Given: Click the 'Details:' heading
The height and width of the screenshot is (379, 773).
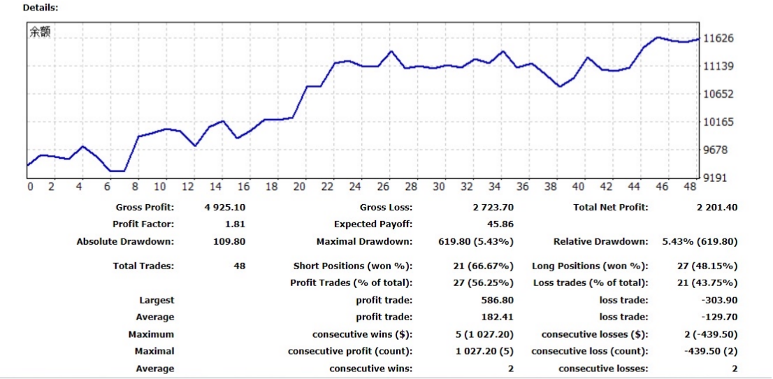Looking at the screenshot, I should (x=41, y=8).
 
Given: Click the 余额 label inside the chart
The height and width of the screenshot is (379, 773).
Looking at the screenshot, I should (x=41, y=32).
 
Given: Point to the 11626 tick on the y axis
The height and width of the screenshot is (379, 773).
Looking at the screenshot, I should (x=718, y=38).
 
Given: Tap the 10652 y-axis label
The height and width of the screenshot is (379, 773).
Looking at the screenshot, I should (x=718, y=94).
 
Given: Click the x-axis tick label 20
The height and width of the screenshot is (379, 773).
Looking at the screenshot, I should (x=300, y=187).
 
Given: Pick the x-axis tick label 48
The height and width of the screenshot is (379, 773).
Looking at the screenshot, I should (x=689, y=187).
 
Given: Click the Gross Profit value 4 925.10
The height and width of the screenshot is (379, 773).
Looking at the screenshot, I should (x=225, y=207).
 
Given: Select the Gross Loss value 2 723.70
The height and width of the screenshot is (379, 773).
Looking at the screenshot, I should (x=493, y=207).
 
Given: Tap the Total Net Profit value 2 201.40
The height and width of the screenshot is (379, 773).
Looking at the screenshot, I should (x=711, y=207).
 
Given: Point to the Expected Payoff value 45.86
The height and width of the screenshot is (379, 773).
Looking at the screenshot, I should (x=500, y=224).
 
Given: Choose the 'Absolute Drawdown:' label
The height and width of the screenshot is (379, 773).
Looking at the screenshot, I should (x=125, y=242).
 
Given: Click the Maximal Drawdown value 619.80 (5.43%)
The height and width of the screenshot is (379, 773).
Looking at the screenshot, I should (x=479, y=242).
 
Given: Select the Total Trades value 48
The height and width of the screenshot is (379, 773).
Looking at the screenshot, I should (x=239, y=266).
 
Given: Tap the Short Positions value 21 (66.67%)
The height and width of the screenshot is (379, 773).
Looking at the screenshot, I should (x=484, y=266).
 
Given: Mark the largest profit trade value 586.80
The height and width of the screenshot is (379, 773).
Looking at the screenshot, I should (x=498, y=300).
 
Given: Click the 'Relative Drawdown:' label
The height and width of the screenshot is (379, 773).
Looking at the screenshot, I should (x=600, y=242).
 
